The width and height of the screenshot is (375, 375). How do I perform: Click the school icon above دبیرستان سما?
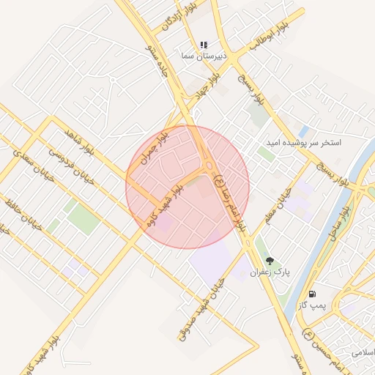coord(204,45)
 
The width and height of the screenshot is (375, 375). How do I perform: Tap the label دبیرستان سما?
coord(205,56)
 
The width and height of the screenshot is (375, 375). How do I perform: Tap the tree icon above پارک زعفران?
coord(270,261)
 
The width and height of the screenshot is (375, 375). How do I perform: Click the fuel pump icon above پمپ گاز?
coord(313,293)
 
